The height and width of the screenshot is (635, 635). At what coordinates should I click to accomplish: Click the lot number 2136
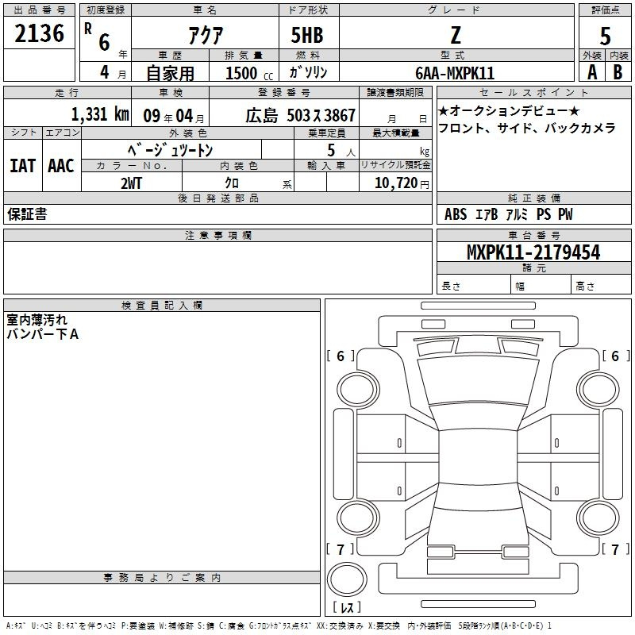coord(39,33)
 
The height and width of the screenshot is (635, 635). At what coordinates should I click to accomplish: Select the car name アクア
coord(206,35)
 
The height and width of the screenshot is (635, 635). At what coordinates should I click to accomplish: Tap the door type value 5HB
coord(307,35)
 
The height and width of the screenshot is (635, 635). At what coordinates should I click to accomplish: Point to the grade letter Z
coord(456,35)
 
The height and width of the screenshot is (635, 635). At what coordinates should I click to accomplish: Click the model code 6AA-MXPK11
coord(455,73)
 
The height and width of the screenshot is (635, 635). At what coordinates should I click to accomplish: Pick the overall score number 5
coord(605,36)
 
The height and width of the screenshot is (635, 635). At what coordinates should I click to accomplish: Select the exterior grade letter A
coord(592,72)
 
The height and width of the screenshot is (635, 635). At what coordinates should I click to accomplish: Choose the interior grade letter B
coord(618,72)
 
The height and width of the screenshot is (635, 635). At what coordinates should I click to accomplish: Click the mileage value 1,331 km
coord(100,114)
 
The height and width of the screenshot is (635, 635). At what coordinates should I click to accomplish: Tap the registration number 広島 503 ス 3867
coord(301,115)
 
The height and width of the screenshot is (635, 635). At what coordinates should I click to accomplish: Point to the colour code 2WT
coord(131,183)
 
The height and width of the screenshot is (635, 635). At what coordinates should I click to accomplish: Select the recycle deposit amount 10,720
coord(396,183)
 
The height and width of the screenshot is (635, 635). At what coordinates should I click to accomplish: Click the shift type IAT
coord(23,166)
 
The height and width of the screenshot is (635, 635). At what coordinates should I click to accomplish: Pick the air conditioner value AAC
coord(61,166)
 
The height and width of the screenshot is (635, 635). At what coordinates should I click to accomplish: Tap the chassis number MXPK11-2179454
coord(533,252)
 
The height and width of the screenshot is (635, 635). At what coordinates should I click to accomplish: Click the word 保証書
coord(27,214)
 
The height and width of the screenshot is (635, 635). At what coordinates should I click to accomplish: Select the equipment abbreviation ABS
coord(456,214)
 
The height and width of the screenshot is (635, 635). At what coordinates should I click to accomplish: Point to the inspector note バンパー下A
coord(43,334)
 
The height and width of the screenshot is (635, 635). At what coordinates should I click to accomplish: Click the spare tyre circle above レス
coord(347,579)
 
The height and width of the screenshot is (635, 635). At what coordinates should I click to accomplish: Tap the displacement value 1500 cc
coord(249,73)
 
